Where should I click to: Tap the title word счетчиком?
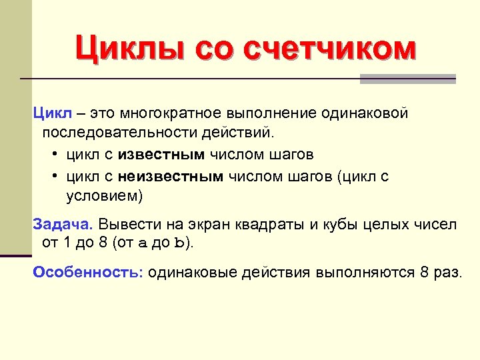[x=330, y=49]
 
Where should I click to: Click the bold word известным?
[x=162, y=155]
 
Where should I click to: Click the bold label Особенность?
[x=88, y=272]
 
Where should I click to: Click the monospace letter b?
[x=177, y=244]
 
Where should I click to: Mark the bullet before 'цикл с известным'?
[x=53, y=155]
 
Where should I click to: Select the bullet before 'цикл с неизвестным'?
[x=53, y=176]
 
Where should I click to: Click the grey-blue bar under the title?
[x=407, y=79]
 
